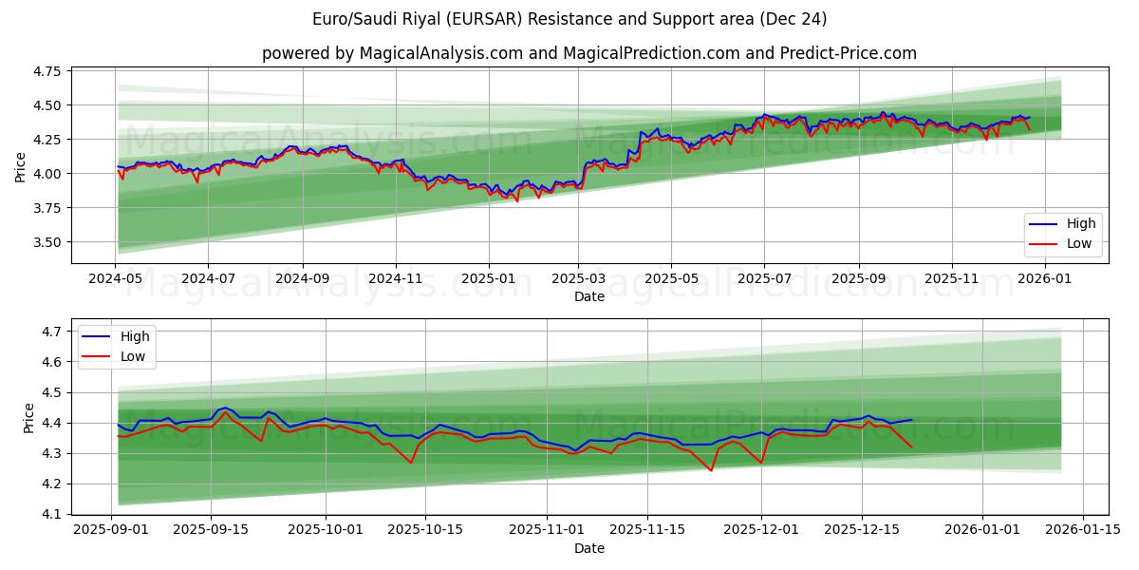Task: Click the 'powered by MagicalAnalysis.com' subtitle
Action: [x=588, y=53]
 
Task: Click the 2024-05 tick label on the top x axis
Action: [x=116, y=279]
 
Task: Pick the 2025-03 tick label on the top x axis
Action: [x=578, y=279]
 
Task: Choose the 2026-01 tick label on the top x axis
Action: [x=1044, y=279]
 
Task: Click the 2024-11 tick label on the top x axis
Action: [x=395, y=279]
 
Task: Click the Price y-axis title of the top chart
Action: [x=21, y=167]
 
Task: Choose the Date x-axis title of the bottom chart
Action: [x=588, y=548]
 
